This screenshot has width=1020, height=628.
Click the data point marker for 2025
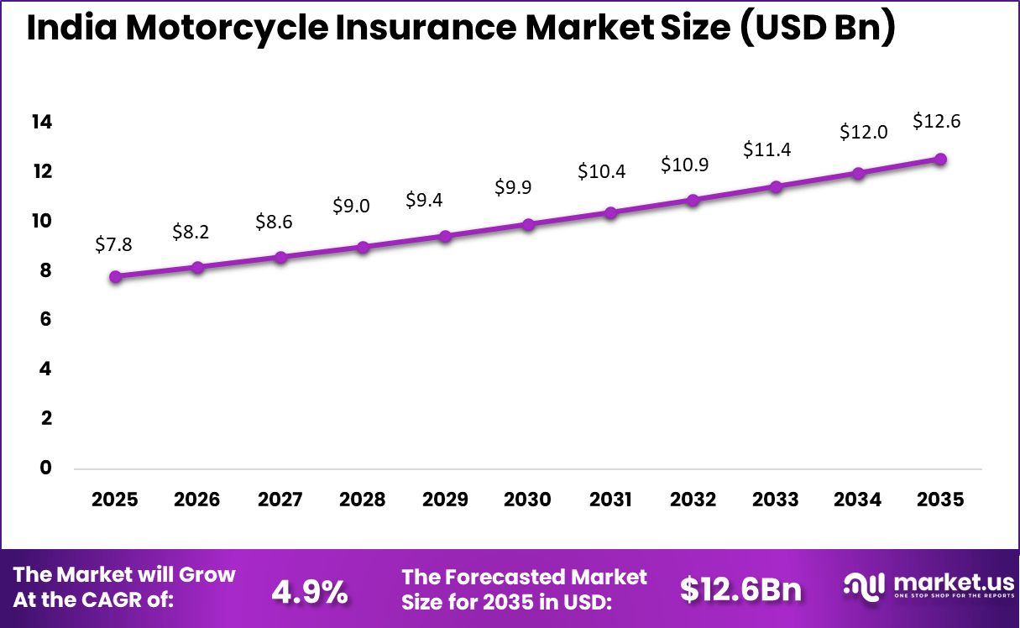[x=116, y=276]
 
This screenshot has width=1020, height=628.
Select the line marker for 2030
[x=528, y=224]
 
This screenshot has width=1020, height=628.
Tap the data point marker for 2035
[x=941, y=160]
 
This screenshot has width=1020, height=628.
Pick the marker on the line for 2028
[x=364, y=247]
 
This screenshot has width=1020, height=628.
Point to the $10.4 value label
[x=602, y=171]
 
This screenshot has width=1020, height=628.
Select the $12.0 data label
[x=864, y=132]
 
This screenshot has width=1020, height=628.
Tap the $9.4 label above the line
[x=424, y=200]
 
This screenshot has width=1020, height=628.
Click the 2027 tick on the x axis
[x=280, y=500]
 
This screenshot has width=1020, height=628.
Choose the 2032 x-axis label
[x=693, y=500]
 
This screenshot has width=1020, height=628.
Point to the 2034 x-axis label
[x=858, y=500]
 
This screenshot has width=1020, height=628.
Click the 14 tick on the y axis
[x=42, y=123]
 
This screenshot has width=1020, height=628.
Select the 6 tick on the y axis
[x=46, y=319]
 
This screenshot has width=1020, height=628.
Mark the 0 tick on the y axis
[x=46, y=468]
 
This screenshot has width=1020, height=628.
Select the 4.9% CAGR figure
[x=310, y=592]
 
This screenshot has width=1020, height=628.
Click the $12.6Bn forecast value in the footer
[x=740, y=590]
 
